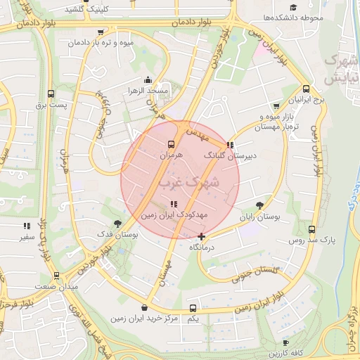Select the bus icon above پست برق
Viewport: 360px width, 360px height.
(x=51, y=94)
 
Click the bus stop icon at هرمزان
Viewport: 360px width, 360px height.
(x=172, y=143)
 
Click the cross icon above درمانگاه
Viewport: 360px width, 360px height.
(x=202, y=236)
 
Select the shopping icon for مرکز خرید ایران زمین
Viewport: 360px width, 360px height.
(x=145, y=308)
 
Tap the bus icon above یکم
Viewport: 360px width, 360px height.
(x=193, y=308)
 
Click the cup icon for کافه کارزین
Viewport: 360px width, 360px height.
(x=312, y=339)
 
